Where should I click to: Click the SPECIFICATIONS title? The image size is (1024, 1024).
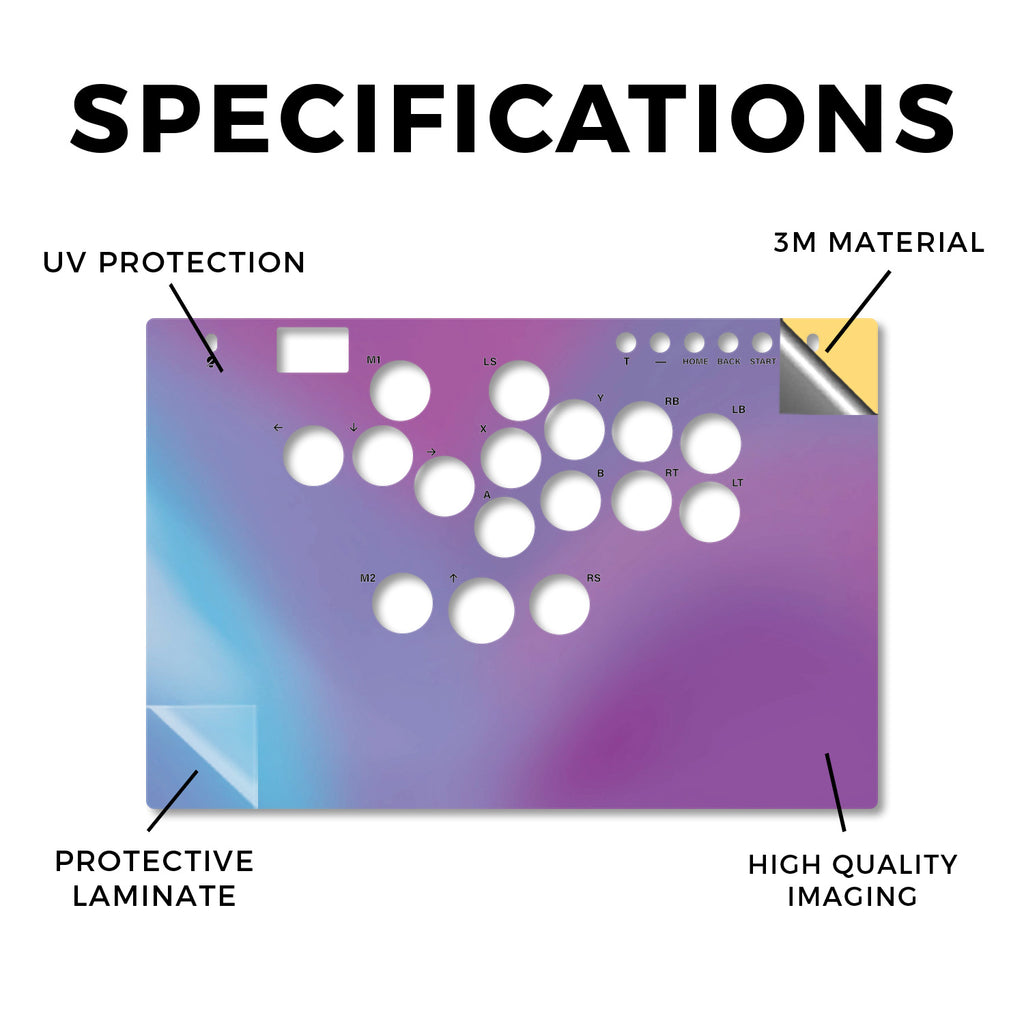tap(513, 119)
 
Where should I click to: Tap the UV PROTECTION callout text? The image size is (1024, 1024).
tap(174, 263)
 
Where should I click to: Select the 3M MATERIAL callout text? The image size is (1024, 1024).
tap(878, 242)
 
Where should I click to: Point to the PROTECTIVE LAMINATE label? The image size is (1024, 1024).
tap(154, 878)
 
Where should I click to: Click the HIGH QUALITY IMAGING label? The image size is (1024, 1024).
tap(852, 880)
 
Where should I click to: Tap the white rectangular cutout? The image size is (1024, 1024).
tap(313, 350)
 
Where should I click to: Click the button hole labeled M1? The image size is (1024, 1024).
tap(400, 391)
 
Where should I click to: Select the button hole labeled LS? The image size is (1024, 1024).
tap(519, 391)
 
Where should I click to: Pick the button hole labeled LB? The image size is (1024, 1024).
tap(711, 443)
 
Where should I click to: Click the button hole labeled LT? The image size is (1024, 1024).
tap(710, 512)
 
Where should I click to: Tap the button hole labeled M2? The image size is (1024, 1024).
tap(402, 603)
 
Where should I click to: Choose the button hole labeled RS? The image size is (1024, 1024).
tap(560, 604)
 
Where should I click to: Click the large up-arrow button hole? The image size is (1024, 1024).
tap(481, 611)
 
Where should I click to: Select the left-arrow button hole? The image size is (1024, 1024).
tap(314, 456)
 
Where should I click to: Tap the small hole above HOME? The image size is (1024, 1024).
tap(694, 343)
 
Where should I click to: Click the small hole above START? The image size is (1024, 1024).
tap(762, 343)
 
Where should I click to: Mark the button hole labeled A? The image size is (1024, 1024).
tap(505, 527)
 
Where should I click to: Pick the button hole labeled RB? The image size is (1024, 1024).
tap(643, 432)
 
